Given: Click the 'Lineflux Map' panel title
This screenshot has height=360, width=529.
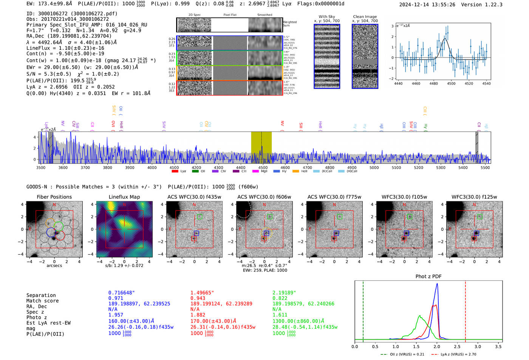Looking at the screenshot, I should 124,197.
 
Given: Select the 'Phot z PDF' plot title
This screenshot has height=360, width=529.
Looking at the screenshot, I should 428,276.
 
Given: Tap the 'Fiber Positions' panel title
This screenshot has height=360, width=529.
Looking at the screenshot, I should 54,197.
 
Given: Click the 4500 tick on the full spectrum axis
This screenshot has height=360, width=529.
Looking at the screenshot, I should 263,168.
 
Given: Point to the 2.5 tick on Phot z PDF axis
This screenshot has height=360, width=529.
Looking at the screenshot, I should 457,346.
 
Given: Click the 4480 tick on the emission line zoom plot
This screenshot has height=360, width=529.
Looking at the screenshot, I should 433,83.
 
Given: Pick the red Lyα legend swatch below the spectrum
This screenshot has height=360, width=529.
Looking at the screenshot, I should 175,172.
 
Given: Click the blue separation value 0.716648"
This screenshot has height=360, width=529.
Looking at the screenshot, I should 122,293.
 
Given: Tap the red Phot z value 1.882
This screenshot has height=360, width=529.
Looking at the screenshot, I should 198,315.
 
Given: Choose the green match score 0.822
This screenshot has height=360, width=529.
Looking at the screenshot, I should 280,298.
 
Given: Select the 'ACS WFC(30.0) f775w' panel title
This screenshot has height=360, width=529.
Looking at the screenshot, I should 334,197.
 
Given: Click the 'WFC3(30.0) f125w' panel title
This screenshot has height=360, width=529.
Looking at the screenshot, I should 474,197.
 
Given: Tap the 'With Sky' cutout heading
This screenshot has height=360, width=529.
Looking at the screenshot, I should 327,17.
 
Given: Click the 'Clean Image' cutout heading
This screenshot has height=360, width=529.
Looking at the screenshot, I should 365,17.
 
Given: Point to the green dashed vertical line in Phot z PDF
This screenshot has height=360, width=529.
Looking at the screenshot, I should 363,310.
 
